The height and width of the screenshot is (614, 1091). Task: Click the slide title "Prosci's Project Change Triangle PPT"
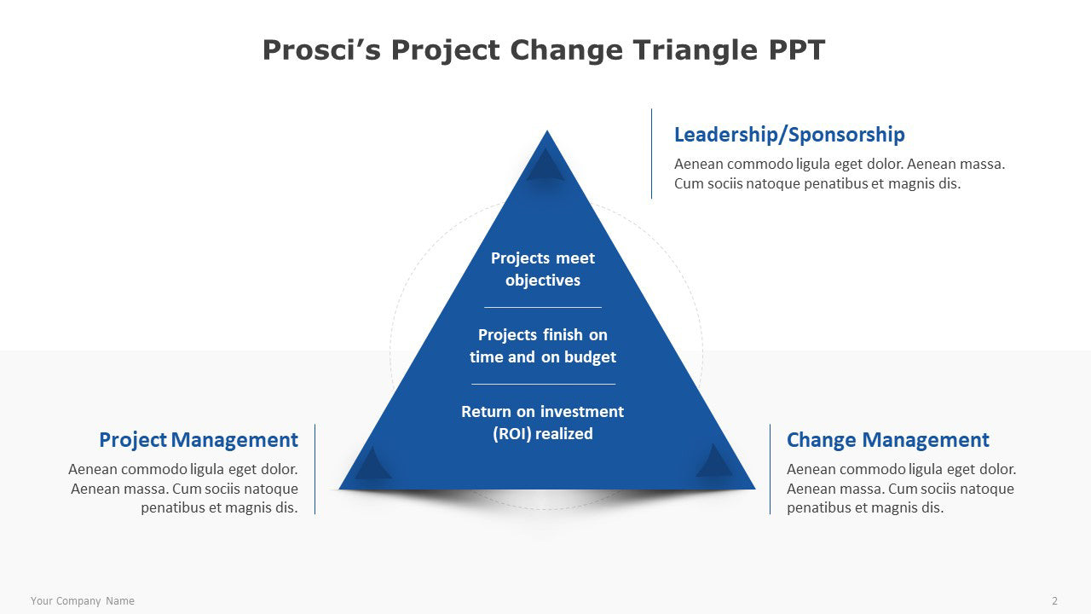(544, 50)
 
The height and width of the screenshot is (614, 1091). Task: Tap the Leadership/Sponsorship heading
(789, 135)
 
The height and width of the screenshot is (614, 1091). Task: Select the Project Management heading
(199, 439)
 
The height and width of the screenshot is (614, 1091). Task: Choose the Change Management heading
(888, 439)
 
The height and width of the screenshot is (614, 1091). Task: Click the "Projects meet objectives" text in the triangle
(543, 269)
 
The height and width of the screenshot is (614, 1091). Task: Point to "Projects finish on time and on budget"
(543, 345)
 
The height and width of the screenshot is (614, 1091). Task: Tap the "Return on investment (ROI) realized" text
(543, 422)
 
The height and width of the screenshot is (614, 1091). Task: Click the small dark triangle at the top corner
(545, 165)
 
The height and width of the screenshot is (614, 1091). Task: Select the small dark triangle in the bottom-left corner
(372, 463)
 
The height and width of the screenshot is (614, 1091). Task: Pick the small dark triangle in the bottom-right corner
(714, 461)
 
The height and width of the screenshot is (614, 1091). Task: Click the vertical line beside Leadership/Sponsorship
(652, 153)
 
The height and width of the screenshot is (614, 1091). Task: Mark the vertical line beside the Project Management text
(315, 469)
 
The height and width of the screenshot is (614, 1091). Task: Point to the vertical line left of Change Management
(770, 469)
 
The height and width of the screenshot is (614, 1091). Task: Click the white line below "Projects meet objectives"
(543, 308)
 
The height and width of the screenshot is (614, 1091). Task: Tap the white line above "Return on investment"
(543, 384)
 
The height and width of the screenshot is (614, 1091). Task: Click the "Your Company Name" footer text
(83, 601)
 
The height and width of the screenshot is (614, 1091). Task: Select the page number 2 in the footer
(1055, 601)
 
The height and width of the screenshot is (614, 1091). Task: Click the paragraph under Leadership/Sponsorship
(840, 174)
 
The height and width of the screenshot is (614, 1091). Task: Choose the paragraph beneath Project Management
(183, 489)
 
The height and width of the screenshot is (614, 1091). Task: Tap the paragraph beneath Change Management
(902, 489)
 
